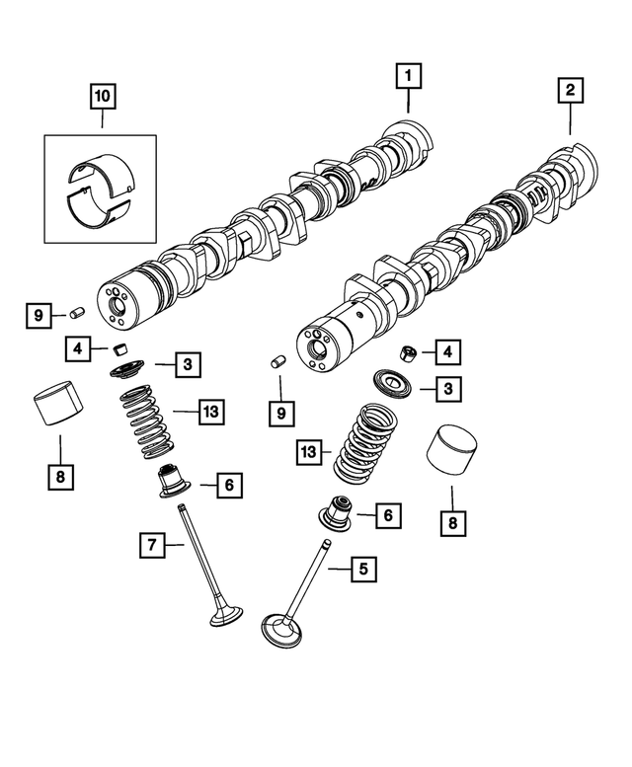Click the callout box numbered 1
tap(408, 73)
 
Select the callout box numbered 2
tap(570, 91)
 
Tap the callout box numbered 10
tap(103, 97)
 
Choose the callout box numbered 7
tap(153, 543)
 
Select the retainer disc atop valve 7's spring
tap(128, 371)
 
